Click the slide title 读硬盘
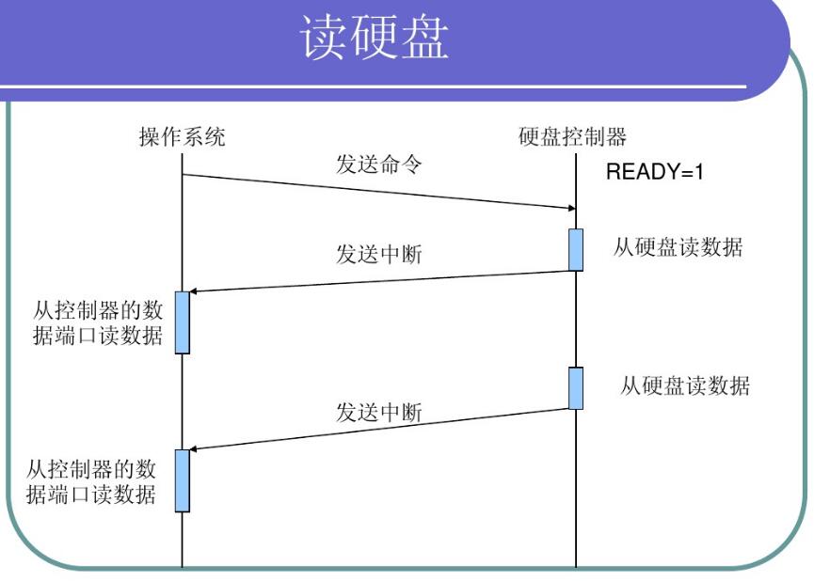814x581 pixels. click(375, 39)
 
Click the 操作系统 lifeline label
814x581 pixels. click(183, 137)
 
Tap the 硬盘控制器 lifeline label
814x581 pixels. click(572, 137)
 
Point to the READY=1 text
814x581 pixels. click(654, 173)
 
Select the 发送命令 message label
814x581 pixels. click(379, 165)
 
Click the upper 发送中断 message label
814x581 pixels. click(379, 254)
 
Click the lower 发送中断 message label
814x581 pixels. click(379, 412)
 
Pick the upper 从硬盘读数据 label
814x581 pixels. click(678, 248)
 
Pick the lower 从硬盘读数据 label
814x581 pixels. click(684, 385)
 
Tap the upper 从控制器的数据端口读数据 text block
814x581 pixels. click(98, 322)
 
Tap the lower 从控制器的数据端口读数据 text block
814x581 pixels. click(91, 480)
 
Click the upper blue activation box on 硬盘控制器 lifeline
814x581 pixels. click(575, 250)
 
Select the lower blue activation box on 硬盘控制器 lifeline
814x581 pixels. click(575, 388)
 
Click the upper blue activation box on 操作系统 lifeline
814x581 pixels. click(183, 322)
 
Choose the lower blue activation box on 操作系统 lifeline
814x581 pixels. click(183, 480)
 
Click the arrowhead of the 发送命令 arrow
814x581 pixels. click(570, 208)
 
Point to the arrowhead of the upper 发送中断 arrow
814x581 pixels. click(195, 291)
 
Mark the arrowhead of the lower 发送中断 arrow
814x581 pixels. click(195, 448)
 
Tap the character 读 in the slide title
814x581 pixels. click(325, 39)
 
